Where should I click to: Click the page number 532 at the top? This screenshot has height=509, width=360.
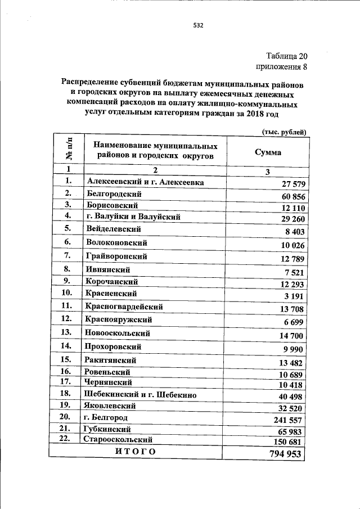tap(197, 25)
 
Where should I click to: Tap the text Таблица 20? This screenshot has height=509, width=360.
tap(287, 56)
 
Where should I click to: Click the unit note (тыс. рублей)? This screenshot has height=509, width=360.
tap(283, 132)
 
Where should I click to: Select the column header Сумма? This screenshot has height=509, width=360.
tap(268, 152)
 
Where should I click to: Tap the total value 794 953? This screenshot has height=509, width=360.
tap(282, 454)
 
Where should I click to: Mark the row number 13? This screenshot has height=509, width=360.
tap(67, 333)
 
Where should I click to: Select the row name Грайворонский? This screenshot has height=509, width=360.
tap(118, 256)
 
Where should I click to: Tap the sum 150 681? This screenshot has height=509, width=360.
tap(287, 442)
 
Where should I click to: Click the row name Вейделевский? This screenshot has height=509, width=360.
tap(114, 229)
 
